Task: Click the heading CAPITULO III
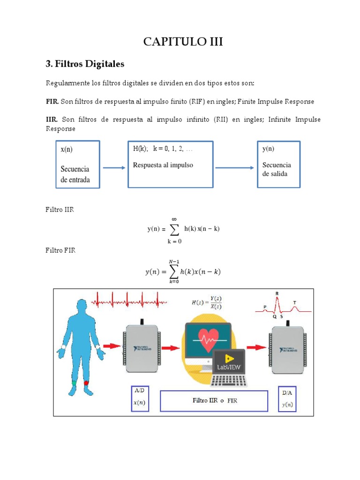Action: pyautogui.click(x=183, y=42)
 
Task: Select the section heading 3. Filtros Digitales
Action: pyautogui.click(x=85, y=63)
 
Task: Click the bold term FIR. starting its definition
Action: pyautogui.click(x=52, y=101)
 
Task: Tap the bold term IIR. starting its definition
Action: pyautogui.click(x=52, y=120)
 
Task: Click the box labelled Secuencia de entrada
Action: pyautogui.click(x=78, y=164)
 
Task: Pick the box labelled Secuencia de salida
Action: pyautogui.click(x=278, y=164)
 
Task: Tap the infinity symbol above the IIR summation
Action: pyautogui.click(x=174, y=218)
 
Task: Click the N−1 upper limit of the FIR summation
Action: pyautogui.click(x=174, y=261)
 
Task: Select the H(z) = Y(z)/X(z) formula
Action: pyautogui.click(x=207, y=303)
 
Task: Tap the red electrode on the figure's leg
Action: pyautogui.click(x=86, y=383)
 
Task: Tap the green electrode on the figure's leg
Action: pyautogui.click(x=74, y=383)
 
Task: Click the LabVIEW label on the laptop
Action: pyautogui.click(x=229, y=367)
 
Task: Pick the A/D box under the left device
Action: pyautogui.click(x=140, y=398)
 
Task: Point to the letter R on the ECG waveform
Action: pyautogui.click(x=277, y=293)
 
